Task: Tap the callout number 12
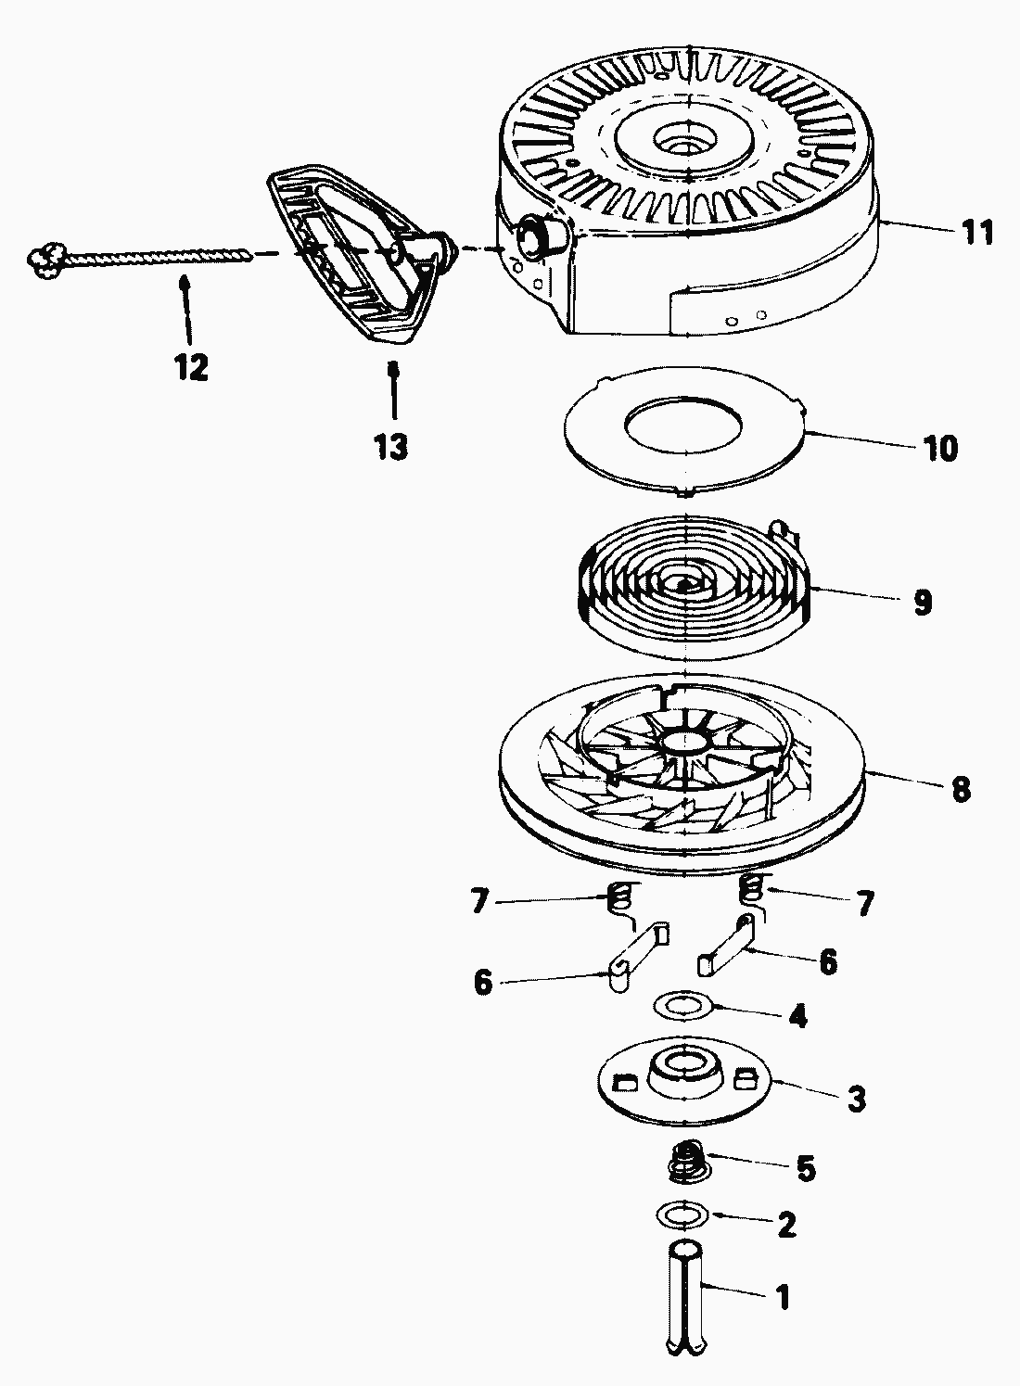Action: (191, 367)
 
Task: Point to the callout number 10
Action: (939, 448)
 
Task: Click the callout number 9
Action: (923, 601)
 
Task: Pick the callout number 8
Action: (961, 790)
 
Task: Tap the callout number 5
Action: (805, 1168)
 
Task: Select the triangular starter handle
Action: (362, 254)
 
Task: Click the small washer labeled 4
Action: (682, 1006)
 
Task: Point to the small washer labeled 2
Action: (683, 1214)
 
